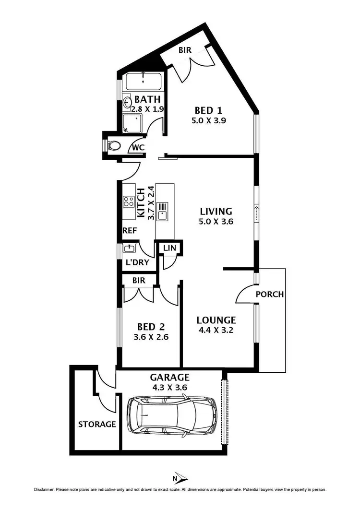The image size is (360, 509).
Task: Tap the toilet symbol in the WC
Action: coord(114,145)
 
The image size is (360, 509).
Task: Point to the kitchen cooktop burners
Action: coord(128,201)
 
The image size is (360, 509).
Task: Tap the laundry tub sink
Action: coord(129,248)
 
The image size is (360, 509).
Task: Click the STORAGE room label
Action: coord(97,424)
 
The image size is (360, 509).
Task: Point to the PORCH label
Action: coord(269,294)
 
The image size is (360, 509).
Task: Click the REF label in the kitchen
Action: coord(130,231)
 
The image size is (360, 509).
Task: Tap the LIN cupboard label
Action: coord(169,248)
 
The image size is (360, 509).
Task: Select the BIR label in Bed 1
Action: coord(186,49)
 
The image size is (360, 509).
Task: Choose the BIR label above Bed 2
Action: coord(139,279)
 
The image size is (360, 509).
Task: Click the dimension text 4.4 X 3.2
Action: coord(216,330)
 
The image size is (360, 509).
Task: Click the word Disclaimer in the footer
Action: coord(44,490)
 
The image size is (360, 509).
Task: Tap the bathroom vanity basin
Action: coord(128,102)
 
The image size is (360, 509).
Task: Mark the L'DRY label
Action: coord(137,263)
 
